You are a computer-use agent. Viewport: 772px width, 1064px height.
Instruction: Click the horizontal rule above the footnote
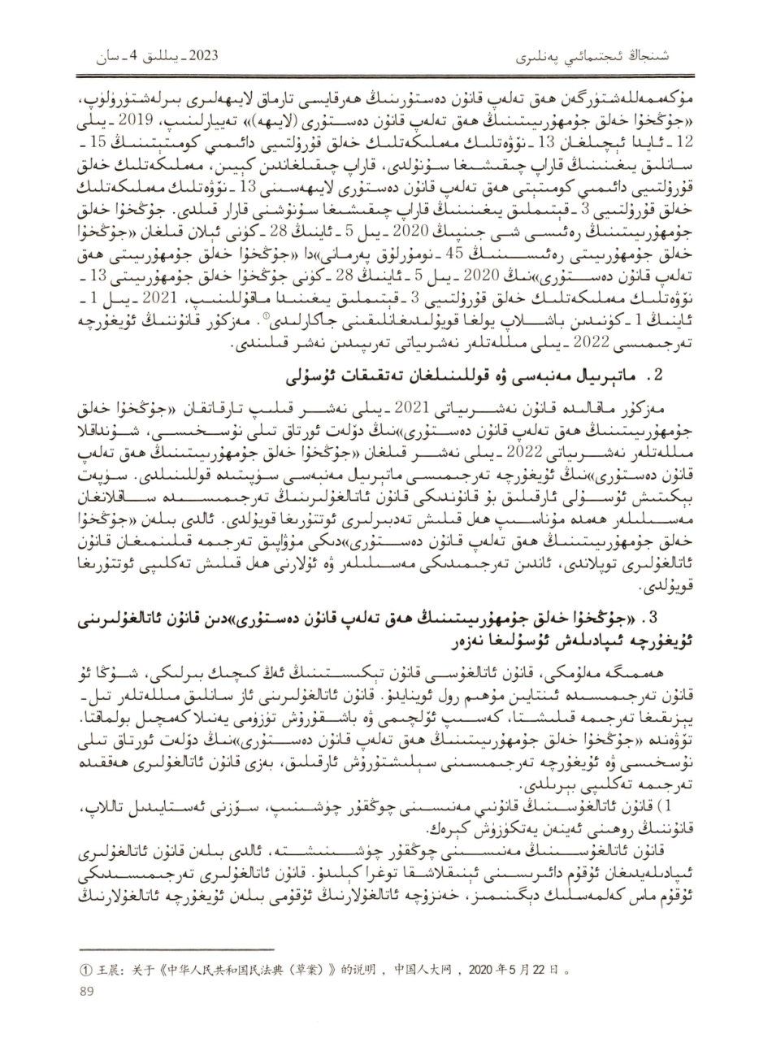click(146, 948)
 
